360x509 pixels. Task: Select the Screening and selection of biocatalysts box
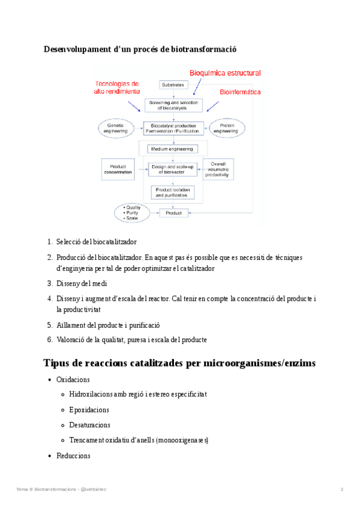[173, 106]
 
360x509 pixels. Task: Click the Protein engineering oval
[228, 128]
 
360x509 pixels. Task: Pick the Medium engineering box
[173, 148]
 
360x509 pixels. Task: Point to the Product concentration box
[118, 169]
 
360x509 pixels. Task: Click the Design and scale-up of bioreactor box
[173, 169]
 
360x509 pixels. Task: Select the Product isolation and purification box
[173, 192]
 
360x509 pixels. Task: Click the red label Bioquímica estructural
[225, 73]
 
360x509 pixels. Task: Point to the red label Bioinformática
[240, 92]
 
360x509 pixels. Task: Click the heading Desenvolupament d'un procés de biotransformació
[145, 49]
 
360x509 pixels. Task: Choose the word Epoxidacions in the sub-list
[89, 410]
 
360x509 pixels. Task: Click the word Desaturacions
[90, 425]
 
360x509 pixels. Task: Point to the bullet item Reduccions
[73, 456]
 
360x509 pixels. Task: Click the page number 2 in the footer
[342, 490]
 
